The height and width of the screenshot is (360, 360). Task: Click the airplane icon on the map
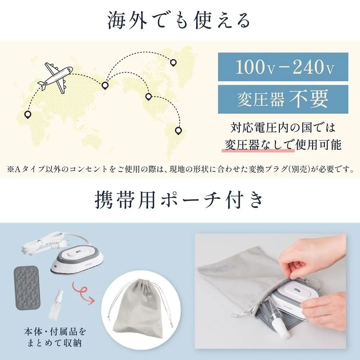(55, 76)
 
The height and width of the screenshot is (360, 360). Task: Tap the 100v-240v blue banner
(283, 67)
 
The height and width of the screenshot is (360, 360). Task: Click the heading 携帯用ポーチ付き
(179, 201)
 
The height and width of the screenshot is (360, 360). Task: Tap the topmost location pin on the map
(173, 63)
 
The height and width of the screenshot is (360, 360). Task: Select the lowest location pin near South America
(177, 130)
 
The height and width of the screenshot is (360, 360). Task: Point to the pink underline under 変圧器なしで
(258, 152)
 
